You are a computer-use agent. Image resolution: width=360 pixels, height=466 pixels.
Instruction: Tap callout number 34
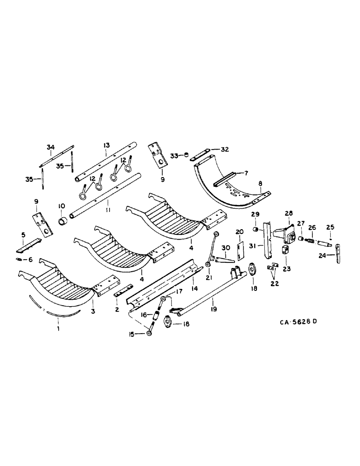50,147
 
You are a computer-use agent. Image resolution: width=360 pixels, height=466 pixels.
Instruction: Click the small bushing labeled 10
62,220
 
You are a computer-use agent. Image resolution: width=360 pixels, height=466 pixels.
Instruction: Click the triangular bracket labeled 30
223,258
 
